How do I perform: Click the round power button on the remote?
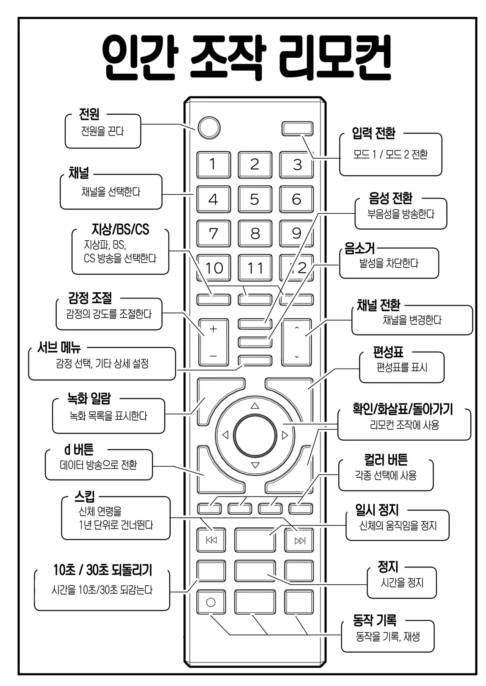[x=209, y=128]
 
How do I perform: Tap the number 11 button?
[x=255, y=268]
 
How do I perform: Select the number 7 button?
[x=213, y=233]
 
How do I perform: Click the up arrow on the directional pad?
[x=255, y=406]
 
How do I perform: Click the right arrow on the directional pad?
[x=285, y=435]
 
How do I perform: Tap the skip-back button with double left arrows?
[x=211, y=540]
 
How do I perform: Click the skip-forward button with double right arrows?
[x=300, y=540]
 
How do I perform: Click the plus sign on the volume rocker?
[x=213, y=329]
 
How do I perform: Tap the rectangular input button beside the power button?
[x=297, y=129]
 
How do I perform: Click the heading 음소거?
[x=360, y=248]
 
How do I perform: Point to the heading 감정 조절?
[x=90, y=298]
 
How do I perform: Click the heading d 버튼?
[x=79, y=449]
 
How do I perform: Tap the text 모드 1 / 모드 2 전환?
[x=390, y=155]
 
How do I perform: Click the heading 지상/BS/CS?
[x=120, y=229]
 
